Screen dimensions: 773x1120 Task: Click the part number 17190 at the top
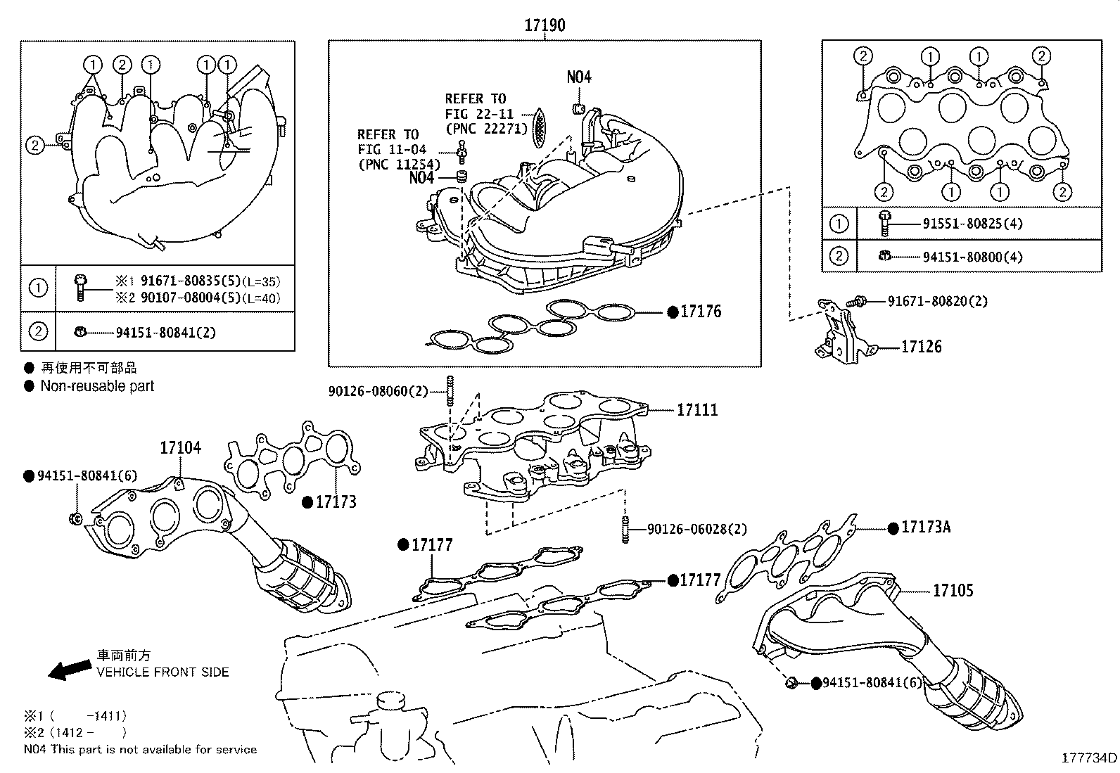pyautogui.click(x=544, y=25)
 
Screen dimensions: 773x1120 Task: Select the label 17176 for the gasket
pyautogui.click(x=700, y=312)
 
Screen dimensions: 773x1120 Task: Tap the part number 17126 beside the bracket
pyautogui.click(x=921, y=346)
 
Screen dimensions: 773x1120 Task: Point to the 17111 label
pyautogui.click(x=697, y=409)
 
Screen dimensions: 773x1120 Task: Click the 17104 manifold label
pyautogui.click(x=180, y=447)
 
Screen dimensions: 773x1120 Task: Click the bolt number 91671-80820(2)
pyautogui.click(x=937, y=301)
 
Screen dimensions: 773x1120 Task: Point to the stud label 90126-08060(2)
pyautogui.click(x=378, y=390)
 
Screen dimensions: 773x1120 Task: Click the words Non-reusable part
pyautogui.click(x=97, y=386)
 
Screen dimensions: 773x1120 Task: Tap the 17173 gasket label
pyautogui.click(x=336, y=502)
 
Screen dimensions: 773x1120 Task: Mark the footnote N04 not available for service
pyautogui.click(x=140, y=750)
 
